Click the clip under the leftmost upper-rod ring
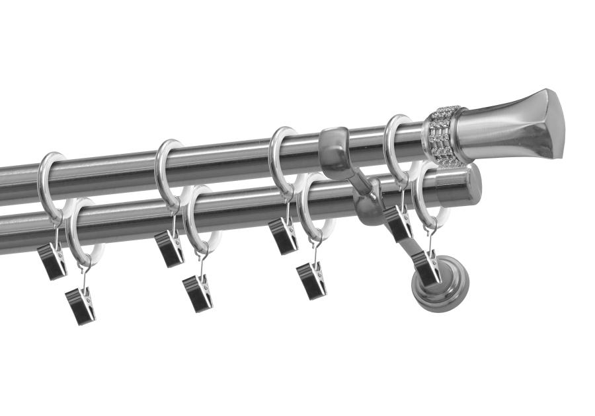(52, 260)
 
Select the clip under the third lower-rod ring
(311, 281)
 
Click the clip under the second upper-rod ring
(169, 248)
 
